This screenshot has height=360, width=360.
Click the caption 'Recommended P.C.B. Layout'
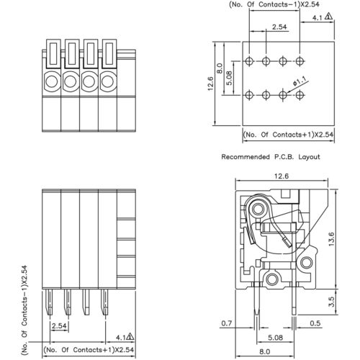point(270,156)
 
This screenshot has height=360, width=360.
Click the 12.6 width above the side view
point(274,176)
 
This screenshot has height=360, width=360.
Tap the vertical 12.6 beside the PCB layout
point(210,84)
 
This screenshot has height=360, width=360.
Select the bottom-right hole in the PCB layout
point(300,94)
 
